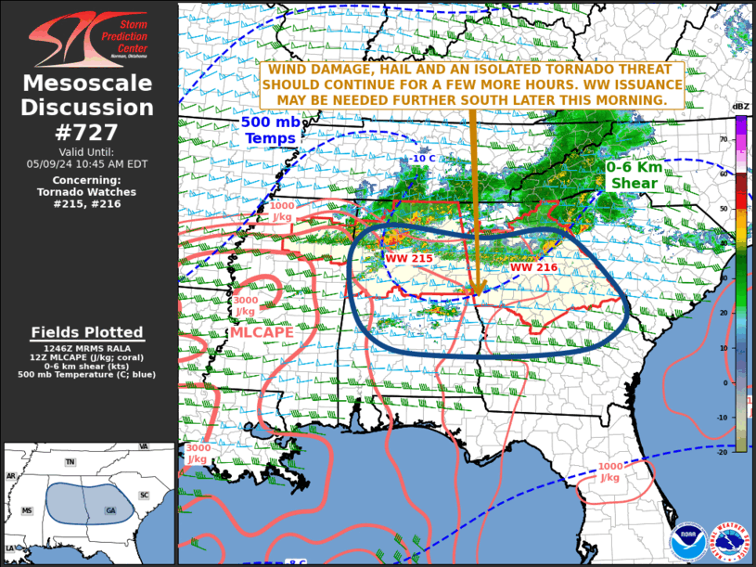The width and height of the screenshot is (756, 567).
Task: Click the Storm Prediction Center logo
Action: pos(88,38)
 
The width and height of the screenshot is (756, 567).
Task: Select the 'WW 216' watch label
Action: pos(532,267)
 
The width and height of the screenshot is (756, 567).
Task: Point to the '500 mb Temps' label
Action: pos(268,130)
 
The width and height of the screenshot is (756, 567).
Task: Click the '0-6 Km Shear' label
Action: pos(634,175)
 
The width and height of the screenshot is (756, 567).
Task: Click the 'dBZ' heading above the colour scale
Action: pos(740,108)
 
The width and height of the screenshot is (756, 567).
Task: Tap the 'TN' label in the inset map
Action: pos(70,461)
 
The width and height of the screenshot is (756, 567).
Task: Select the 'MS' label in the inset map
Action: pos(27,510)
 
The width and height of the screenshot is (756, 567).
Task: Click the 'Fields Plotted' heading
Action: pos(87,332)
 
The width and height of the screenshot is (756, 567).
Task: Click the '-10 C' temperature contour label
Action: pos(423,159)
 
